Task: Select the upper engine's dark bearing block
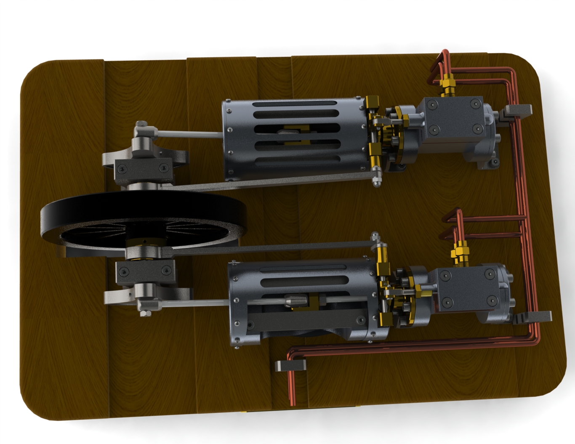coord(143,168)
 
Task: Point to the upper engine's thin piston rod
coord(189,134)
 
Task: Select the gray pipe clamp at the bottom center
coord(290,365)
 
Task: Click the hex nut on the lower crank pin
coord(145,313)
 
